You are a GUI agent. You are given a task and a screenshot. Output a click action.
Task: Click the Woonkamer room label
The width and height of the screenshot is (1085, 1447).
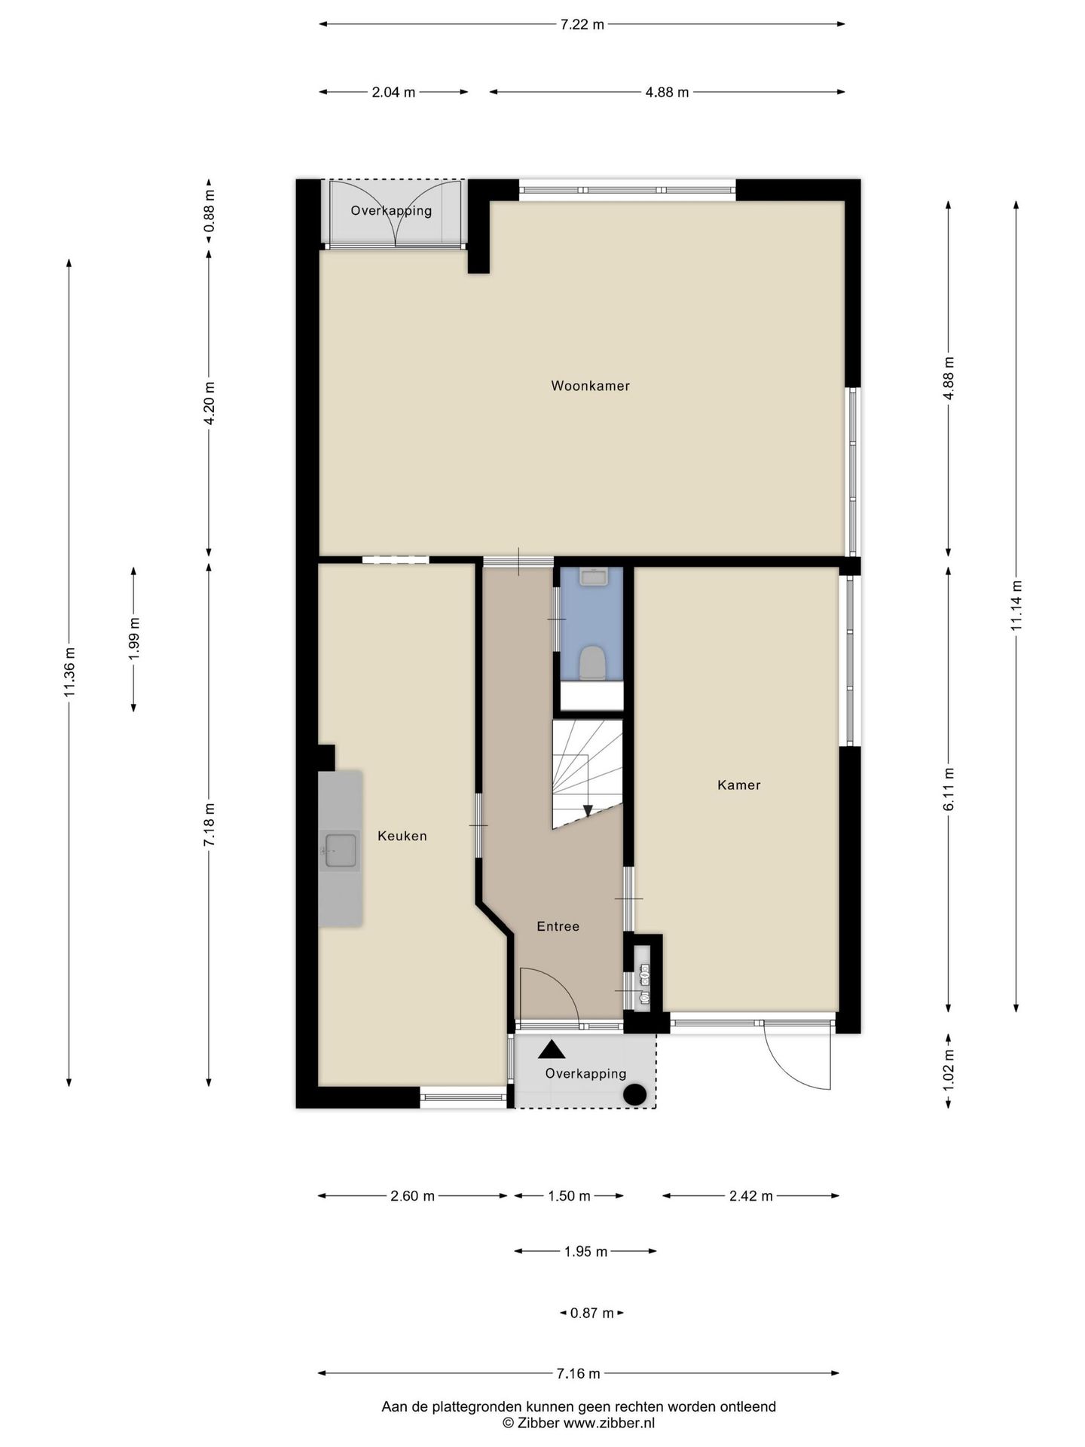coord(590,386)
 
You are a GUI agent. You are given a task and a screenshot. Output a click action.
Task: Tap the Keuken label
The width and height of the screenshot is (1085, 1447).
coord(402,836)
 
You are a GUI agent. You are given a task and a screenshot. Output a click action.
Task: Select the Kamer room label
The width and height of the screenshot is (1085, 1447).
coord(739,785)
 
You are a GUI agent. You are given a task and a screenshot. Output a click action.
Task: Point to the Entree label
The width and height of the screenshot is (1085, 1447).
coord(558,926)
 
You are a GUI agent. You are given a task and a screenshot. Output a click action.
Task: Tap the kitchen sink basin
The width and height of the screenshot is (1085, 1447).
coord(341,850)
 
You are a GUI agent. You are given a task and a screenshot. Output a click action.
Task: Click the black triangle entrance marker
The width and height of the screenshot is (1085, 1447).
coord(552,1048)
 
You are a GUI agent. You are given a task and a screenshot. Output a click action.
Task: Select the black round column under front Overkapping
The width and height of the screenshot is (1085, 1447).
coord(635,1094)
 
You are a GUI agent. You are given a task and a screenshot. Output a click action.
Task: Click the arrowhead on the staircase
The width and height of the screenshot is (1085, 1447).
coord(588,810)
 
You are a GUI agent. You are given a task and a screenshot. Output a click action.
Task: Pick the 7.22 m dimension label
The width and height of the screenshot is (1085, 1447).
coord(582,24)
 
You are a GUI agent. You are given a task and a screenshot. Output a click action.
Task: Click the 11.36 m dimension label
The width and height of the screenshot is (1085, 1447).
coord(69,672)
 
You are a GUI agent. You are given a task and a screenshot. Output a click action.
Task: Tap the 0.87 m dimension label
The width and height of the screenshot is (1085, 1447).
coord(591,1313)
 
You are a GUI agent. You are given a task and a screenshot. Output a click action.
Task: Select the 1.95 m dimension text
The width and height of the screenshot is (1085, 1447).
coord(585,1252)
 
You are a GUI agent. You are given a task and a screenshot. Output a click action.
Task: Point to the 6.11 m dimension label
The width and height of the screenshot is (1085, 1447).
coord(949,789)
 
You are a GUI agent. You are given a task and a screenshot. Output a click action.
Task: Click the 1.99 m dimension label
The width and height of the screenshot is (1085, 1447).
coord(134,639)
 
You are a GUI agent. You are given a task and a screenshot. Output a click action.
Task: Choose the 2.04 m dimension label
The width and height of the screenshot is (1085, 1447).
coord(393,93)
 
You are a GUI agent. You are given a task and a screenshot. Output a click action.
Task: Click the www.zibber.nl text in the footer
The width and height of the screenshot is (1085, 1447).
coord(609,1423)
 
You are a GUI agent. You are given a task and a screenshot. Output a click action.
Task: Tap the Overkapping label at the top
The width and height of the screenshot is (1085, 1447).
coord(391,211)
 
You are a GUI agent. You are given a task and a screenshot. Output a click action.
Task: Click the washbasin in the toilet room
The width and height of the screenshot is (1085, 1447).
coord(594,577)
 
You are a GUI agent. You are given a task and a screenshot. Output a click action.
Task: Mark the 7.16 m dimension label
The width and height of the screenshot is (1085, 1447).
coord(578,1374)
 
